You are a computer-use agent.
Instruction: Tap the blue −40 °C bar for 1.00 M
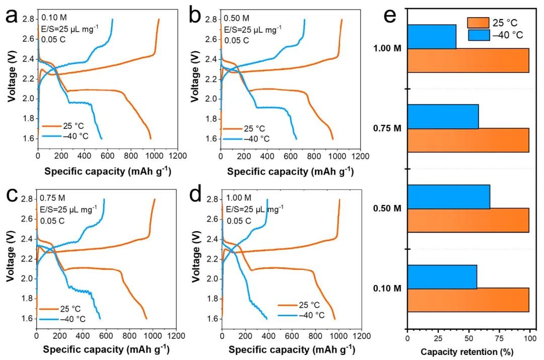point(432,37)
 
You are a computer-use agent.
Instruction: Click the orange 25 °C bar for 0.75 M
point(468,140)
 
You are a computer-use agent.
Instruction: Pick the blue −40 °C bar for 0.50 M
point(448,197)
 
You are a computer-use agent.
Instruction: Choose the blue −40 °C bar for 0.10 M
point(442,277)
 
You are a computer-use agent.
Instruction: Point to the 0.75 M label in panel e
point(388,128)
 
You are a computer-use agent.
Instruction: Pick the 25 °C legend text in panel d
point(309,305)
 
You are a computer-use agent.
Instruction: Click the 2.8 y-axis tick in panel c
point(27,200)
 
